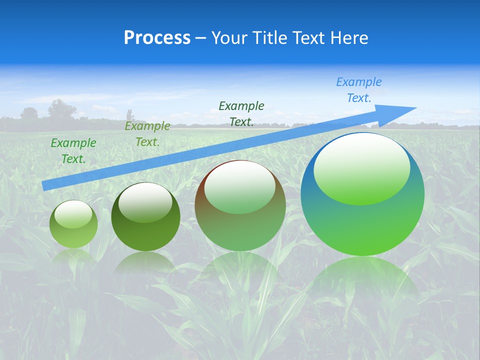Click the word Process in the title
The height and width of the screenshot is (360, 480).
(157, 38)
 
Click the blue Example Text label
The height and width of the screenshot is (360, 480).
(359, 90)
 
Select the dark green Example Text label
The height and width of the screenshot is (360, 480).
(241, 113)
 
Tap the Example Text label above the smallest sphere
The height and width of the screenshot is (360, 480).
(73, 151)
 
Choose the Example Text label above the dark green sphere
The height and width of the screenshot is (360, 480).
(147, 134)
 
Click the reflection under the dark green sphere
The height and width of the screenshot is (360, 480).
(145, 262)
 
